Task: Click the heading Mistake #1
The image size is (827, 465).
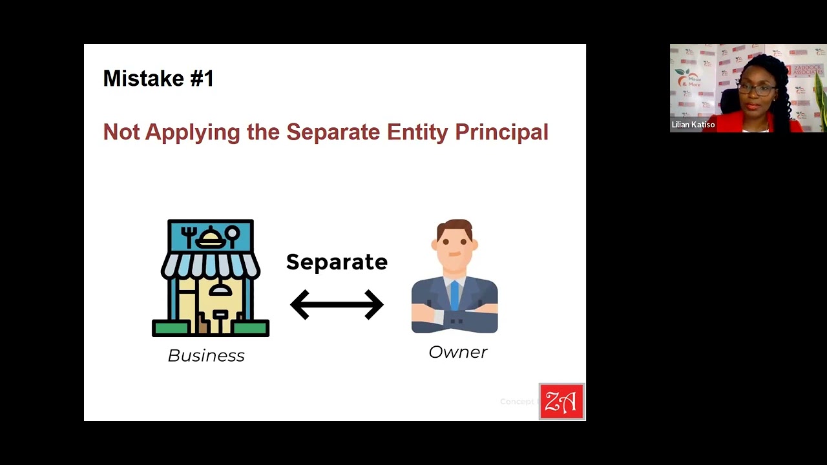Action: click(158, 79)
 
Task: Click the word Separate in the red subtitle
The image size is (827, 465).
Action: click(333, 132)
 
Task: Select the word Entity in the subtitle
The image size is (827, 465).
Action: click(417, 132)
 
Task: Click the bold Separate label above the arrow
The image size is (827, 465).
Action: click(337, 262)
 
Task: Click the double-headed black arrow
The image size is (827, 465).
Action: click(337, 304)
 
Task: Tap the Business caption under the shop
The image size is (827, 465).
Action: click(206, 356)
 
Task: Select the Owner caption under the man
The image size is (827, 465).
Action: click(457, 352)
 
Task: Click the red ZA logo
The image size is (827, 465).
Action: click(561, 402)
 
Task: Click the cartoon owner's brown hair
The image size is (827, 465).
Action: click(454, 227)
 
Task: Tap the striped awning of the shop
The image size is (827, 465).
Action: click(211, 264)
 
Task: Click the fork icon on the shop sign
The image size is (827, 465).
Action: click(188, 236)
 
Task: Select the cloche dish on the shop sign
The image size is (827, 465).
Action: click(211, 238)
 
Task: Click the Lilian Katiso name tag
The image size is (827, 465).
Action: click(693, 125)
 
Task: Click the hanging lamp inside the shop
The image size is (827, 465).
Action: click(220, 288)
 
